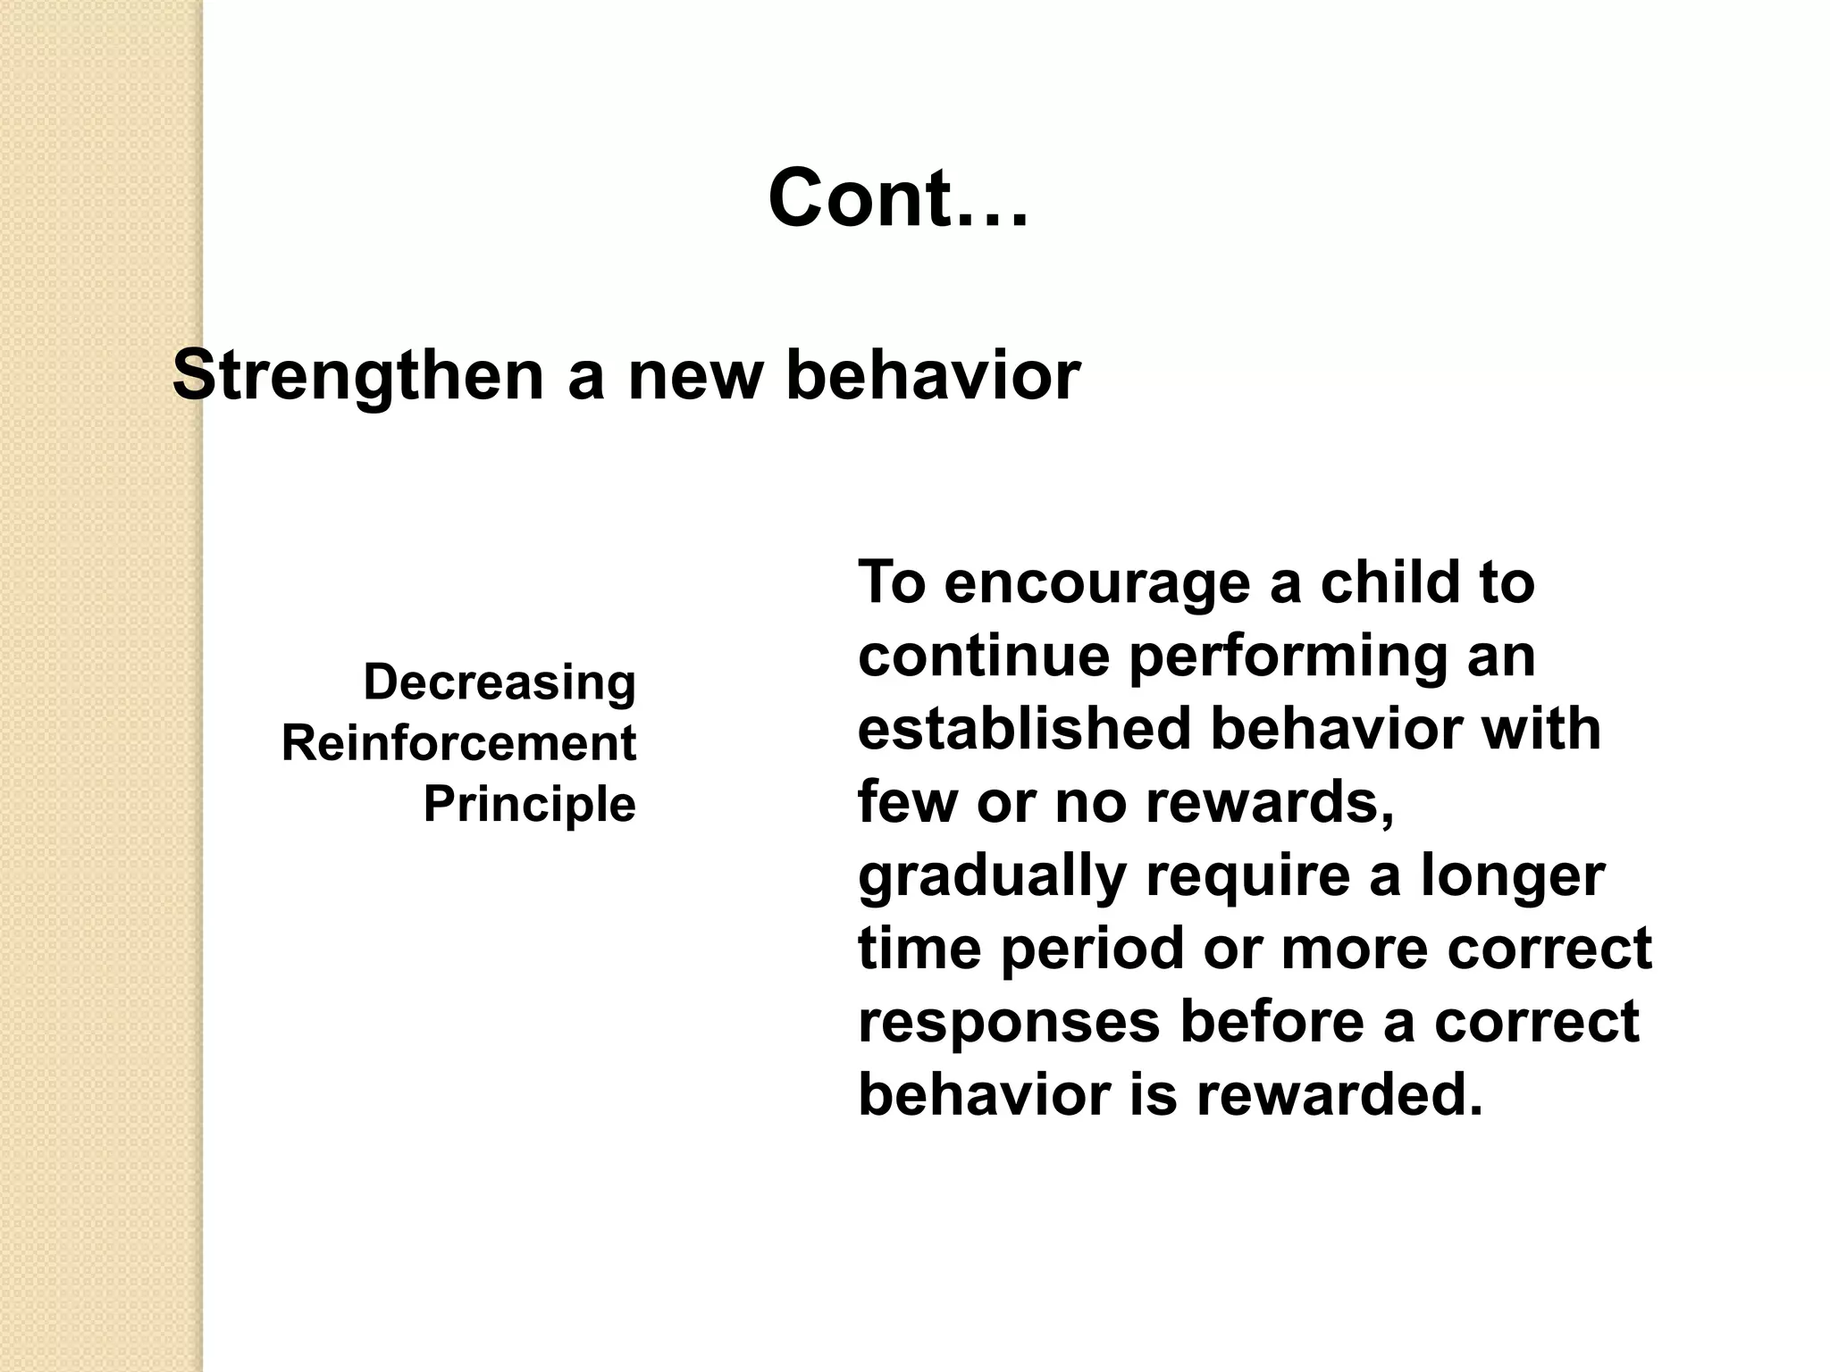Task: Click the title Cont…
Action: pyautogui.click(x=898, y=198)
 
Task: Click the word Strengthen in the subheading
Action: pyautogui.click(x=357, y=376)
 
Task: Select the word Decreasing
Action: pyautogui.click(x=499, y=682)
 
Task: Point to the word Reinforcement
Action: pyautogui.click(x=458, y=743)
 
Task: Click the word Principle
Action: pyautogui.click(x=529, y=804)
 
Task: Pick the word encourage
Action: pyautogui.click(x=1096, y=583)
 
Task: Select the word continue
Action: pyautogui.click(x=983, y=656)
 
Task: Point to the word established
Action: pyautogui.click(x=1024, y=728)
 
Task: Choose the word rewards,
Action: pyautogui.click(x=1270, y=801)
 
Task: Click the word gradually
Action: pyautogui.click(x=991, y=876)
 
